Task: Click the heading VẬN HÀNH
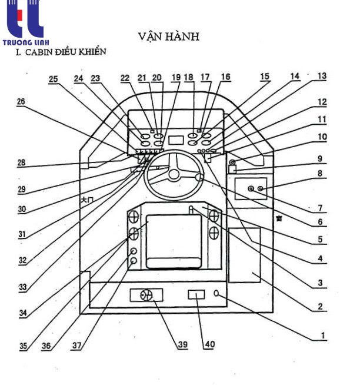click(x=169, y=36)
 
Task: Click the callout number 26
click(x=22, y=101)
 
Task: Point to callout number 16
click(x=225, y=77)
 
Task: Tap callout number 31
click(x=22, y=234)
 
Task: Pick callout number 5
click(x=321, y=240)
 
